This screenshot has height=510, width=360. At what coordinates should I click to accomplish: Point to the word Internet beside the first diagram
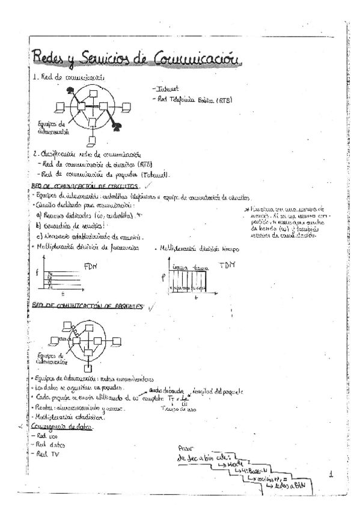pyautogui.click(x=166, y=88)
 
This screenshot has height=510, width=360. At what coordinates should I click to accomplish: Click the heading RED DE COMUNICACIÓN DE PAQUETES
pyautogui.click(x=86, y=306)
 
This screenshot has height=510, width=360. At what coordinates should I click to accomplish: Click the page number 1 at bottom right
pyautogui.click(x=331, y=474)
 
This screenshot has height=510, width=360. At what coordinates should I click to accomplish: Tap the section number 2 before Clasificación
pyautogui.click(x=35, y=153)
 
